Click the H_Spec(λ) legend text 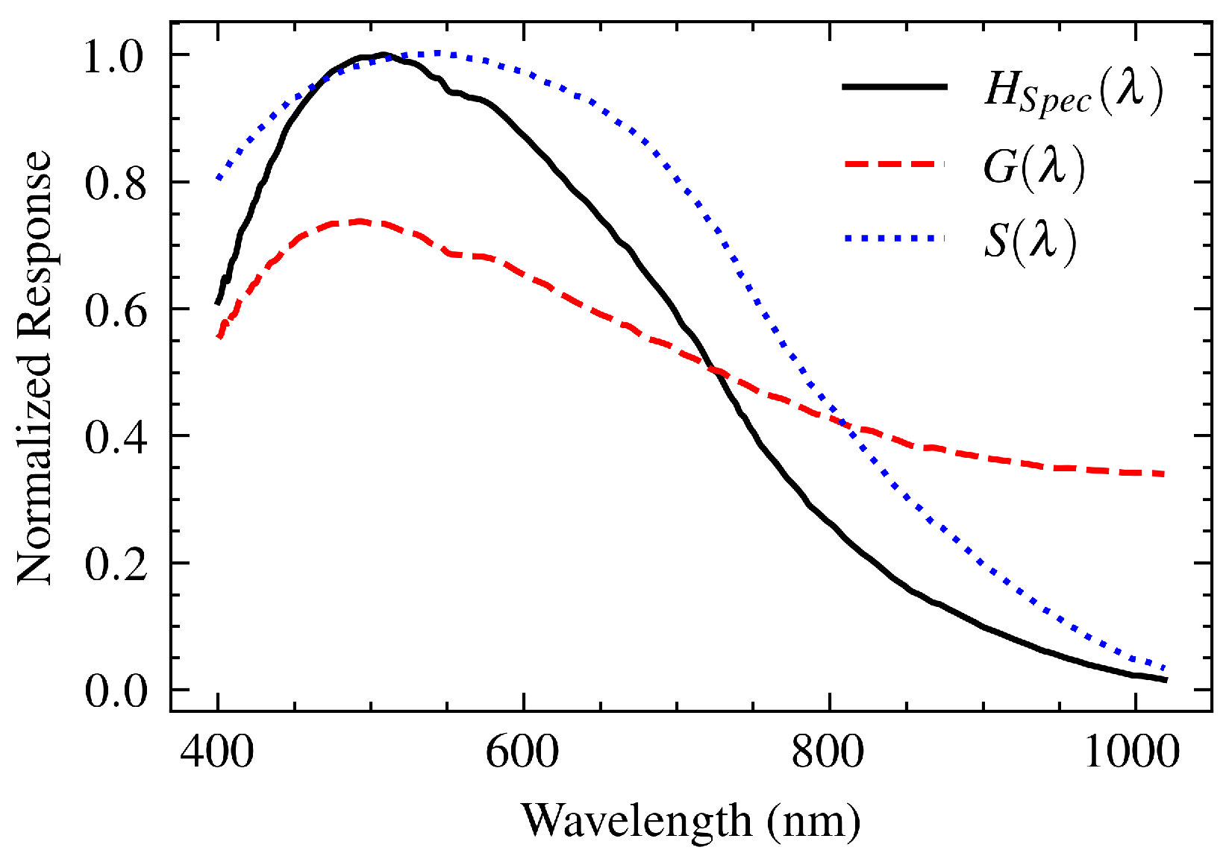coord(1073,92)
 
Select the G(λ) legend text coord(1033,168)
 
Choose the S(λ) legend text coord(1031,241)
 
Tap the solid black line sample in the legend coord(894,87)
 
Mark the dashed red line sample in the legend coord(894,163)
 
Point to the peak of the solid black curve coord(384,54)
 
